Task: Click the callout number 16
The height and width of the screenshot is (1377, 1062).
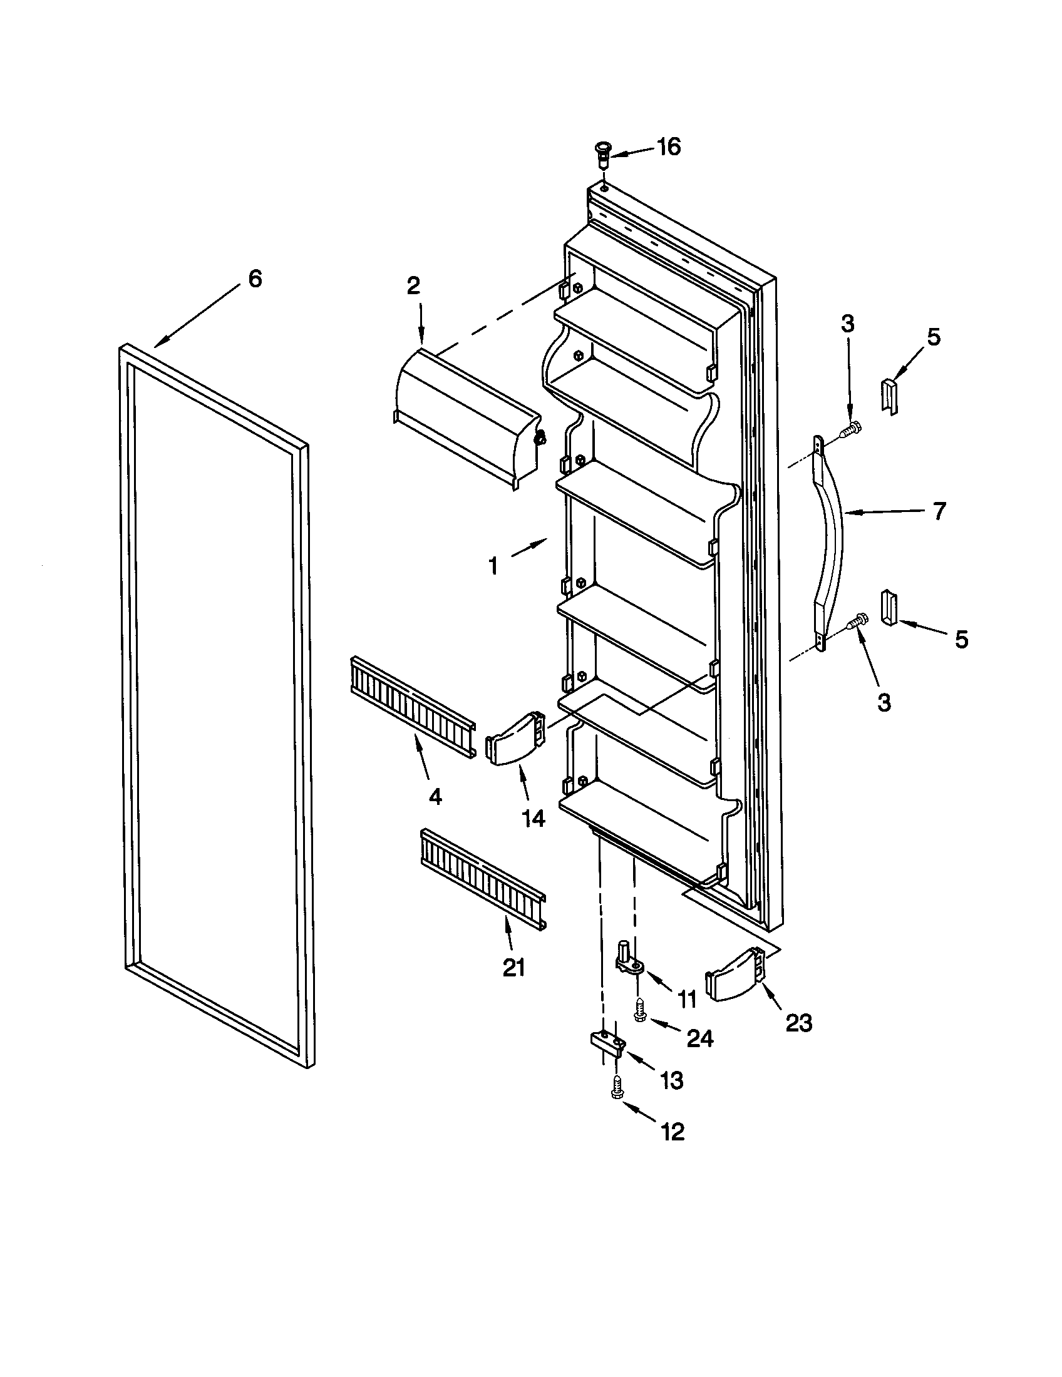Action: (669, 147)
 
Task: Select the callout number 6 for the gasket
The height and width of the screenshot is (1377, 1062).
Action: (254, 278)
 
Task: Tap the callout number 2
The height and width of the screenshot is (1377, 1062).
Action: (413, 286)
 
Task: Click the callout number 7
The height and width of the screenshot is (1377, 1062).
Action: (939, 511)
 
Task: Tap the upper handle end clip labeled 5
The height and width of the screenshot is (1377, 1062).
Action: (889, 397)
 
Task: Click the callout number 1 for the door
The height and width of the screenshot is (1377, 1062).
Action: (494, 567)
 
